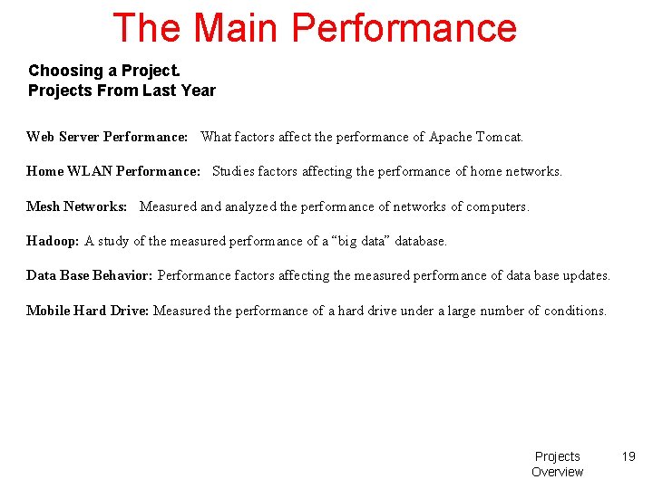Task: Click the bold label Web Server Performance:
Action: pos(107,137)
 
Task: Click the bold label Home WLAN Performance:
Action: pos(113,171)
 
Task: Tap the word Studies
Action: pos(233,171)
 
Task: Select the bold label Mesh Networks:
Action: pos(76,206)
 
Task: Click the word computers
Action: pos(497,206)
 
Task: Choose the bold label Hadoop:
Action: pos(53,241)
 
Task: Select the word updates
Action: pos(587,275)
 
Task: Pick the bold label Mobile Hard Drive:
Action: pos(88,311)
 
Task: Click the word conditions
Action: pos(575,311)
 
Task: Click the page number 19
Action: pos(629,456)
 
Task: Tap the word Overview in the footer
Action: pos(557,472)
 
